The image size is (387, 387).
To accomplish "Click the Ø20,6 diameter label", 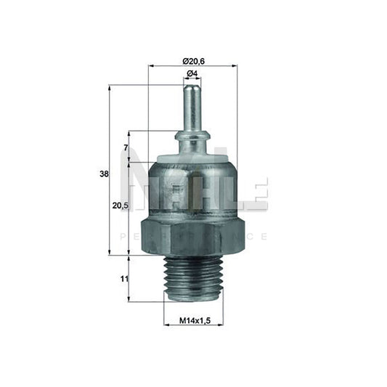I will [x=192, y=59].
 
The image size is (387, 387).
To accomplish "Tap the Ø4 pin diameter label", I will [x=192, y=75].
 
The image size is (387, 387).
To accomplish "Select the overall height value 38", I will [x=104, y=174].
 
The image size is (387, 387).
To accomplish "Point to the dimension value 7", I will [x=126, y=148].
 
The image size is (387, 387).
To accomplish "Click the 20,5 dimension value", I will [x=121, y=206].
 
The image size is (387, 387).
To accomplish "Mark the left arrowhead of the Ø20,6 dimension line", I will [x=151, y=66].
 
